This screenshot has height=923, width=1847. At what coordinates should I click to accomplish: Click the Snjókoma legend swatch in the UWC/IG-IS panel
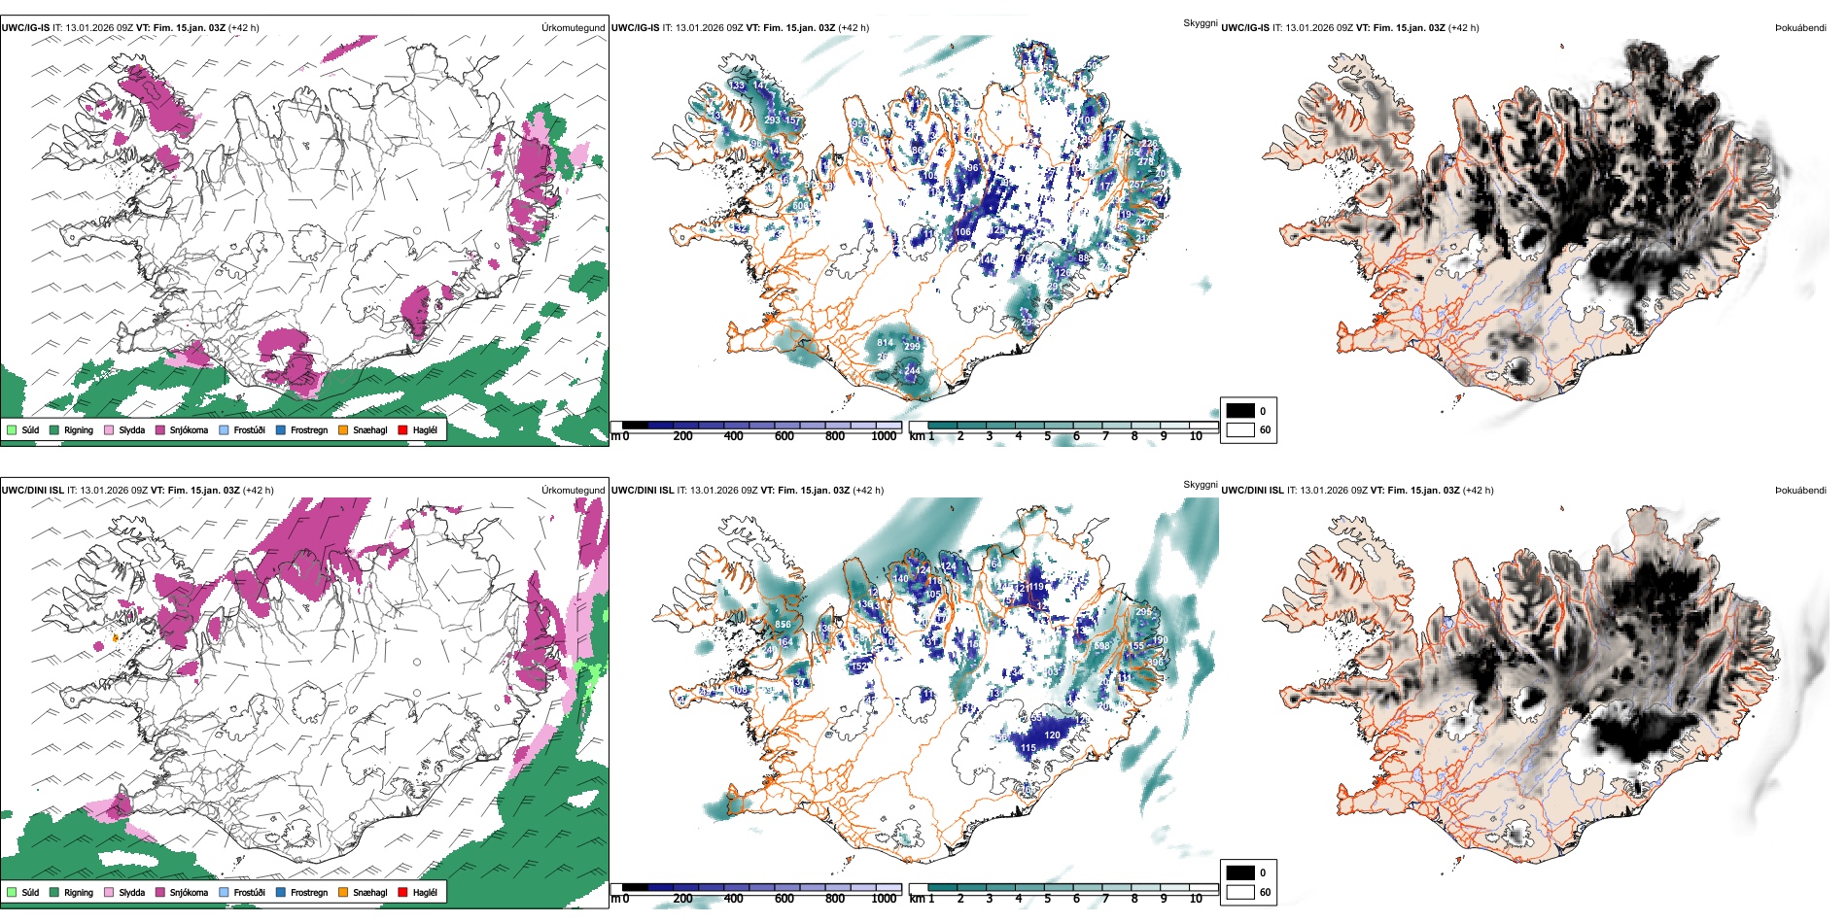click(160, 429)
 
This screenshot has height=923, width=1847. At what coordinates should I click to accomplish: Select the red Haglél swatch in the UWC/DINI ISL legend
click(403, 892)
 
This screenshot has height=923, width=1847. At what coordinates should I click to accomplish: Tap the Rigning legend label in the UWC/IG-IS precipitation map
click(79, 429)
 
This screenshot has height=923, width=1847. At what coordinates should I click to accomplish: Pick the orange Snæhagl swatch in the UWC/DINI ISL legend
click(343, 892)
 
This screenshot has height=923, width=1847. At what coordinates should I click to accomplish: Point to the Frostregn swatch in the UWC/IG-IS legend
click(281, 429)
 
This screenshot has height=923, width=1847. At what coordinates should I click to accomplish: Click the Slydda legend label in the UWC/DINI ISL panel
click(131, 892)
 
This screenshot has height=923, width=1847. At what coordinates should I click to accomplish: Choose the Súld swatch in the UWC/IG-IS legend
click(12, 429)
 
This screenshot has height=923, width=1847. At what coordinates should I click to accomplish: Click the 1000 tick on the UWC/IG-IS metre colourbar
click(884, 436)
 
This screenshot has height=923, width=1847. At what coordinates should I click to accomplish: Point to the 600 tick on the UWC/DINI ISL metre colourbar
click(784, 899)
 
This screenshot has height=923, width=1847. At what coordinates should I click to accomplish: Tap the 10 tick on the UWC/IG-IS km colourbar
click(1196, 436)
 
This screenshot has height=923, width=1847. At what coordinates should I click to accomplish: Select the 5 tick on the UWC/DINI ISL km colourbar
click(1048, 899)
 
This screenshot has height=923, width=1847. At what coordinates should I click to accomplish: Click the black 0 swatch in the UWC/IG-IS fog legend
click(1240, 411)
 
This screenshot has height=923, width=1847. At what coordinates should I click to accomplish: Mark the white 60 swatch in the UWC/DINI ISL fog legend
click(1240, 892)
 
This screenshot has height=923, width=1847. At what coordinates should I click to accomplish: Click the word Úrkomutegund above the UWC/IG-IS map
click(573, 28)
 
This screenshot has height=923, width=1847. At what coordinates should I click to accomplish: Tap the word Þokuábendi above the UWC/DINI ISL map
click(1800, 491)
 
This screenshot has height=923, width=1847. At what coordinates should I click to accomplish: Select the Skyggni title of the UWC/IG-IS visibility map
click(1200, 22)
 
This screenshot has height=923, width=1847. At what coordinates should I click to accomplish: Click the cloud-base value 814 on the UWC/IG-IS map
click(885, 343)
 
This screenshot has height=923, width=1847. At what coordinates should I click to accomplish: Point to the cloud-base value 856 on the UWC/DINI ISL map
click(783, 625)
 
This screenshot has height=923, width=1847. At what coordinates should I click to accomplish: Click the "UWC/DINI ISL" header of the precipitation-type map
click(32, 491)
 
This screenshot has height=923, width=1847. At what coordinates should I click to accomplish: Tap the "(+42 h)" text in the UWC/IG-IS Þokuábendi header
click(1463, 28)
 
